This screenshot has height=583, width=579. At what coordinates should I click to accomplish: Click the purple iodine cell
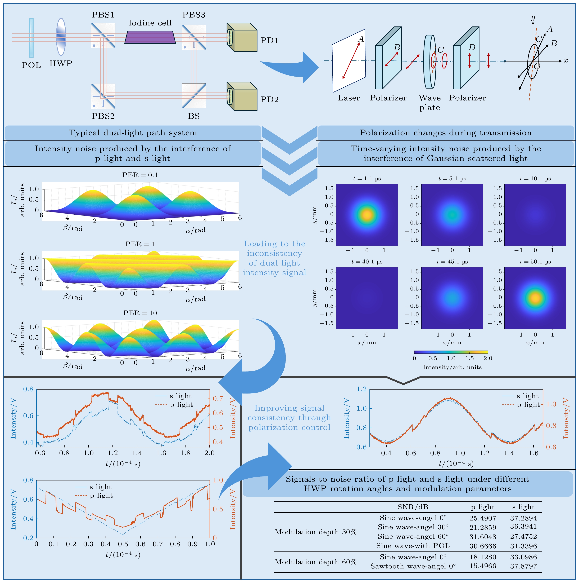150,37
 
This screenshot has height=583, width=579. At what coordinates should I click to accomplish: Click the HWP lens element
61,37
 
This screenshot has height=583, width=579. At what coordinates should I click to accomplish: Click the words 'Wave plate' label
429,103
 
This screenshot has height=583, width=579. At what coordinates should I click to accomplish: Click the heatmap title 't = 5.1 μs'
452,179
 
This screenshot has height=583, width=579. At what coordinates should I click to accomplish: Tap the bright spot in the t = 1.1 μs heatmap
367,215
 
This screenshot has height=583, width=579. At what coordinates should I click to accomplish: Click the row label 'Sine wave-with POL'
413,546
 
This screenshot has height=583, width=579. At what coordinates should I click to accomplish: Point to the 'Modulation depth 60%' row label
316,562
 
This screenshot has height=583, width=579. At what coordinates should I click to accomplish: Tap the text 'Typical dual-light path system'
133,133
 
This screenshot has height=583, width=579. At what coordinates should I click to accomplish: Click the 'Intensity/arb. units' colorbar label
452,367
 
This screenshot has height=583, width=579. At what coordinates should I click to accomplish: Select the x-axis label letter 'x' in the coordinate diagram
566,60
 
